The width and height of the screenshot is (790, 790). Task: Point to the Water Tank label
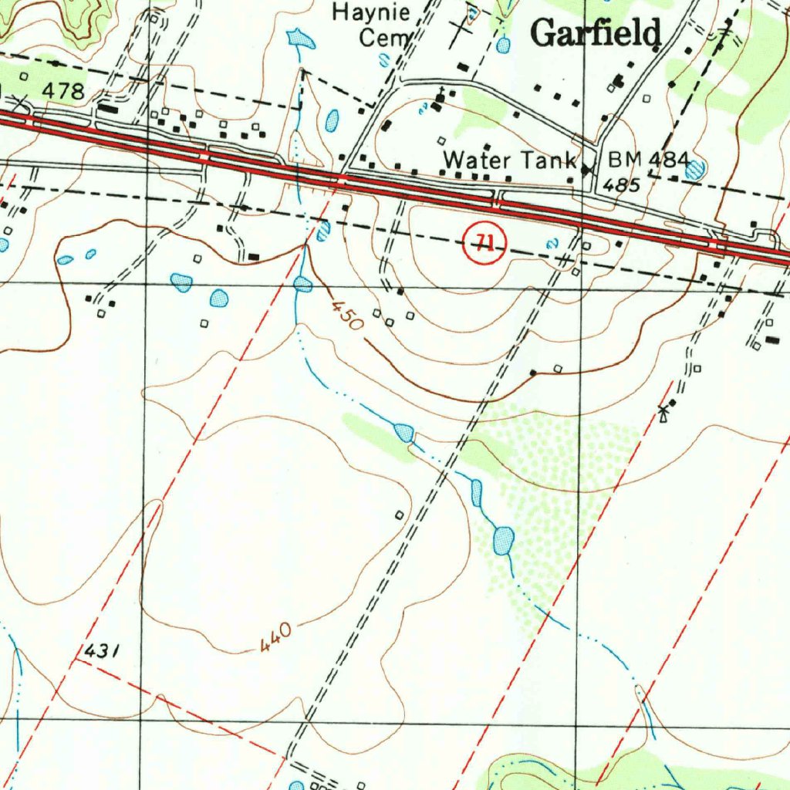[510, 160]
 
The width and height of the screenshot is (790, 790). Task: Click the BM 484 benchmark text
[648, 160]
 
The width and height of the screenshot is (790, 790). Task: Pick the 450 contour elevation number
[347, 315]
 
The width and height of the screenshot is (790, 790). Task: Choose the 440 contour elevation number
[275, 638]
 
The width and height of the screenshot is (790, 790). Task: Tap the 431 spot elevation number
[102, 652]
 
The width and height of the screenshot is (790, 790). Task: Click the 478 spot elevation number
[62, 92]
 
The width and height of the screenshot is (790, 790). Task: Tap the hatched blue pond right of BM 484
[694, 169]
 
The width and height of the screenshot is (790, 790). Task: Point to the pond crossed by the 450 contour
[302, 285]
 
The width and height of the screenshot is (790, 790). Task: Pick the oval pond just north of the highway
[333, 120]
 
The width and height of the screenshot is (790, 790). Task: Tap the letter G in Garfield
[545, 33]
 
